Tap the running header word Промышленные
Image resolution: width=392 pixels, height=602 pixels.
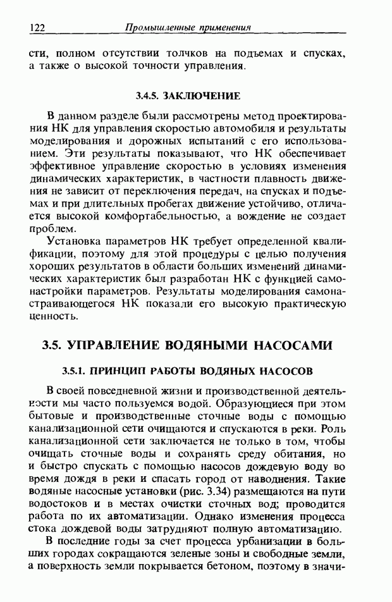point(154,28)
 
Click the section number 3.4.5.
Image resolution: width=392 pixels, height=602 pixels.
point(149,95)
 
